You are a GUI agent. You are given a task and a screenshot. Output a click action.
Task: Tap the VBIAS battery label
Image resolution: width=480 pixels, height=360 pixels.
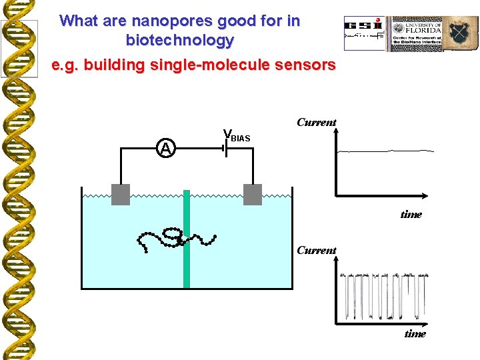point(237,136)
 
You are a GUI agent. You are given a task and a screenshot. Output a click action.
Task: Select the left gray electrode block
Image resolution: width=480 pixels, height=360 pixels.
point(120,194)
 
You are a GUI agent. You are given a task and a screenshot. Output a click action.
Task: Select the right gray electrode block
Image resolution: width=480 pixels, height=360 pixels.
point(253,194)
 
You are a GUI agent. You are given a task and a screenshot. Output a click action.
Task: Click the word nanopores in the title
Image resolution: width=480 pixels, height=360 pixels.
point(159,21)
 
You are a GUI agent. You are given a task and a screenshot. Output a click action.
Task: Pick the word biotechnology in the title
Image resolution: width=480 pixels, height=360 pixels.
point(180,40)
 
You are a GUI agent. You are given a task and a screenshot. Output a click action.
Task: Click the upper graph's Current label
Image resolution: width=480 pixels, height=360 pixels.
point(316,122)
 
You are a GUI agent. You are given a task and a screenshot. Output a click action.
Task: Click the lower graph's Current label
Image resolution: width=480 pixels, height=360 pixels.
point(316,250)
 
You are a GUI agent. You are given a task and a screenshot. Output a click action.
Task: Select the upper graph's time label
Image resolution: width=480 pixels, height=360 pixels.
point(411,214)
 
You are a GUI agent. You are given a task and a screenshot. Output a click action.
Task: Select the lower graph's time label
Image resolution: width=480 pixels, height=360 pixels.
point(415,333)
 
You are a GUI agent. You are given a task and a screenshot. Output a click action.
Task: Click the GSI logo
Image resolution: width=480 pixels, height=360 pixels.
point(365,33)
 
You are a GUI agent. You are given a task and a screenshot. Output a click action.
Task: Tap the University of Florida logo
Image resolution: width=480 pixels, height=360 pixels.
point(417,34)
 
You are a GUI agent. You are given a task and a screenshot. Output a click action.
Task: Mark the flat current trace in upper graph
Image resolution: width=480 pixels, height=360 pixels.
point(385,151)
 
